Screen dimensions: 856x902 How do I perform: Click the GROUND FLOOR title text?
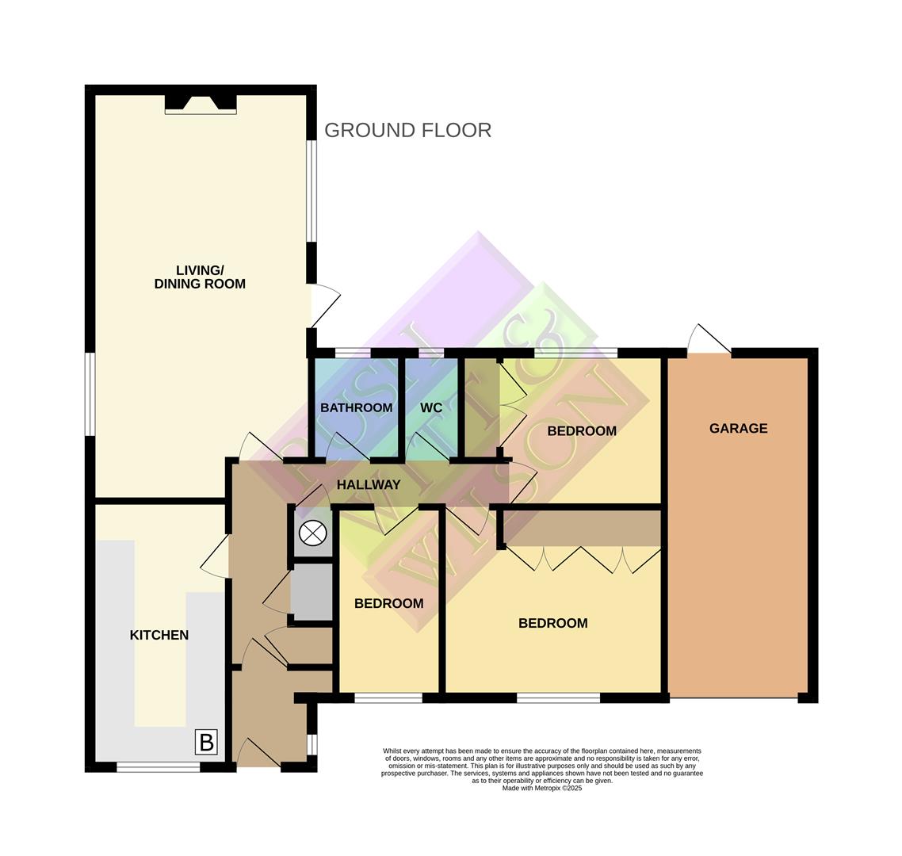click(407, 130)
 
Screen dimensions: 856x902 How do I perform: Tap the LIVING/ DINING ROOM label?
click(200, 277)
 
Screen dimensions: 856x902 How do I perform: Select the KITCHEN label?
click(159, 635)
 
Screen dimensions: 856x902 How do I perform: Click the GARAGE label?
click(738, 428)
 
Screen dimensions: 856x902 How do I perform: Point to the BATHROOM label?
click(356, 407)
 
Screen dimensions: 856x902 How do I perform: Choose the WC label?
click(431, 407)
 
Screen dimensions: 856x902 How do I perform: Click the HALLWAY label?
click(369, 484)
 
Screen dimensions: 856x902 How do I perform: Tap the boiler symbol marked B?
click(206, 743)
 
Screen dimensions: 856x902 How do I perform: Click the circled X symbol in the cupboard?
click(313, 533)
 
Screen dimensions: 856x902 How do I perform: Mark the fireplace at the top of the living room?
click(201, 104)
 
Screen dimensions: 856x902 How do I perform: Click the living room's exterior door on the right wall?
click(323, 305)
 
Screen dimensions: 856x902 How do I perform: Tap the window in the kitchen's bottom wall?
click(159, 766)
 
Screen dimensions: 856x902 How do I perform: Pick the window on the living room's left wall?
click(90, 394)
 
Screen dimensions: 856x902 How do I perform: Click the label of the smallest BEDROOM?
click(388, 603)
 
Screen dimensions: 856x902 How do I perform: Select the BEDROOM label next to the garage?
click(581, 431)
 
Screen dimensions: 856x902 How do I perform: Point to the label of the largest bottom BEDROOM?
click(552, 623)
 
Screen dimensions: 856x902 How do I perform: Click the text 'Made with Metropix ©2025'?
click(542, 788)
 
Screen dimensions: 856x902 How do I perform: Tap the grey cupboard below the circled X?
click(312, 592)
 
